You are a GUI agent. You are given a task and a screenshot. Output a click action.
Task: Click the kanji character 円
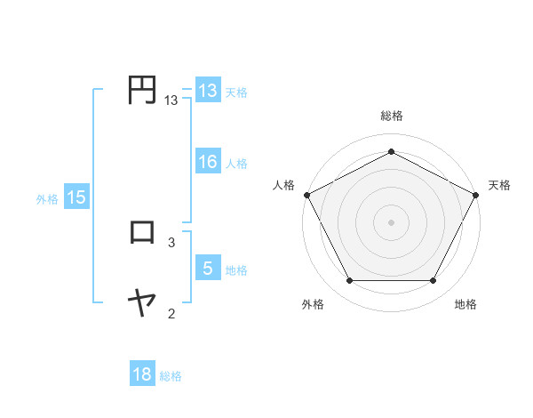click(142, 90)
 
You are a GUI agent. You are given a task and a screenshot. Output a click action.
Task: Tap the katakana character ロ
click(142, 232)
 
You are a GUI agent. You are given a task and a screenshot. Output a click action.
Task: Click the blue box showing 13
click(208, 91)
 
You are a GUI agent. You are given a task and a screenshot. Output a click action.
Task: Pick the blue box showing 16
click(208, 162)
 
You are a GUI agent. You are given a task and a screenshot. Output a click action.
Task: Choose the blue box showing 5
click(208, 269)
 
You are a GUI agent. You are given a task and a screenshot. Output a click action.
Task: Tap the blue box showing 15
click(76, 197)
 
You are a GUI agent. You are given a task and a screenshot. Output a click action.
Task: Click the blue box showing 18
click(142, 374)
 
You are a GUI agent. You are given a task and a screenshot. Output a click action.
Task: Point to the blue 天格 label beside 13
click(236, 92)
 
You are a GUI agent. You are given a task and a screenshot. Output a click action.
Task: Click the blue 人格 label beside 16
click(236, 163)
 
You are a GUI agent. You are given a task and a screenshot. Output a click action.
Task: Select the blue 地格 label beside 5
click(236, 269)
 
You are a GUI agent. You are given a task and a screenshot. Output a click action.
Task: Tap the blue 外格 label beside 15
click(47, 199)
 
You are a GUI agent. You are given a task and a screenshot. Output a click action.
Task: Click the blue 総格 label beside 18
click(171, 376)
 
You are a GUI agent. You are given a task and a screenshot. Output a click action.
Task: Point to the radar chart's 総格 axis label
click(391, 116)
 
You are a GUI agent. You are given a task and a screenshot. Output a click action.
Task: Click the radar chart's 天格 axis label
click(500, 185)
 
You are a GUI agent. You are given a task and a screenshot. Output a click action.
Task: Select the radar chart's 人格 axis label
click(283, 185)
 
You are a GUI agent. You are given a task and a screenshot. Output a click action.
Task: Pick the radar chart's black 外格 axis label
click(313, 305)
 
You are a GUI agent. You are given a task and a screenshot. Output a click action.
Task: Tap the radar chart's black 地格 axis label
click(465, 305)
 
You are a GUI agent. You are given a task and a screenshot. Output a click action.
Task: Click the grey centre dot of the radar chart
click(391, 221)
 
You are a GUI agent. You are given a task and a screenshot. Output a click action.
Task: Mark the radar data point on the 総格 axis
click(391, 151)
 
